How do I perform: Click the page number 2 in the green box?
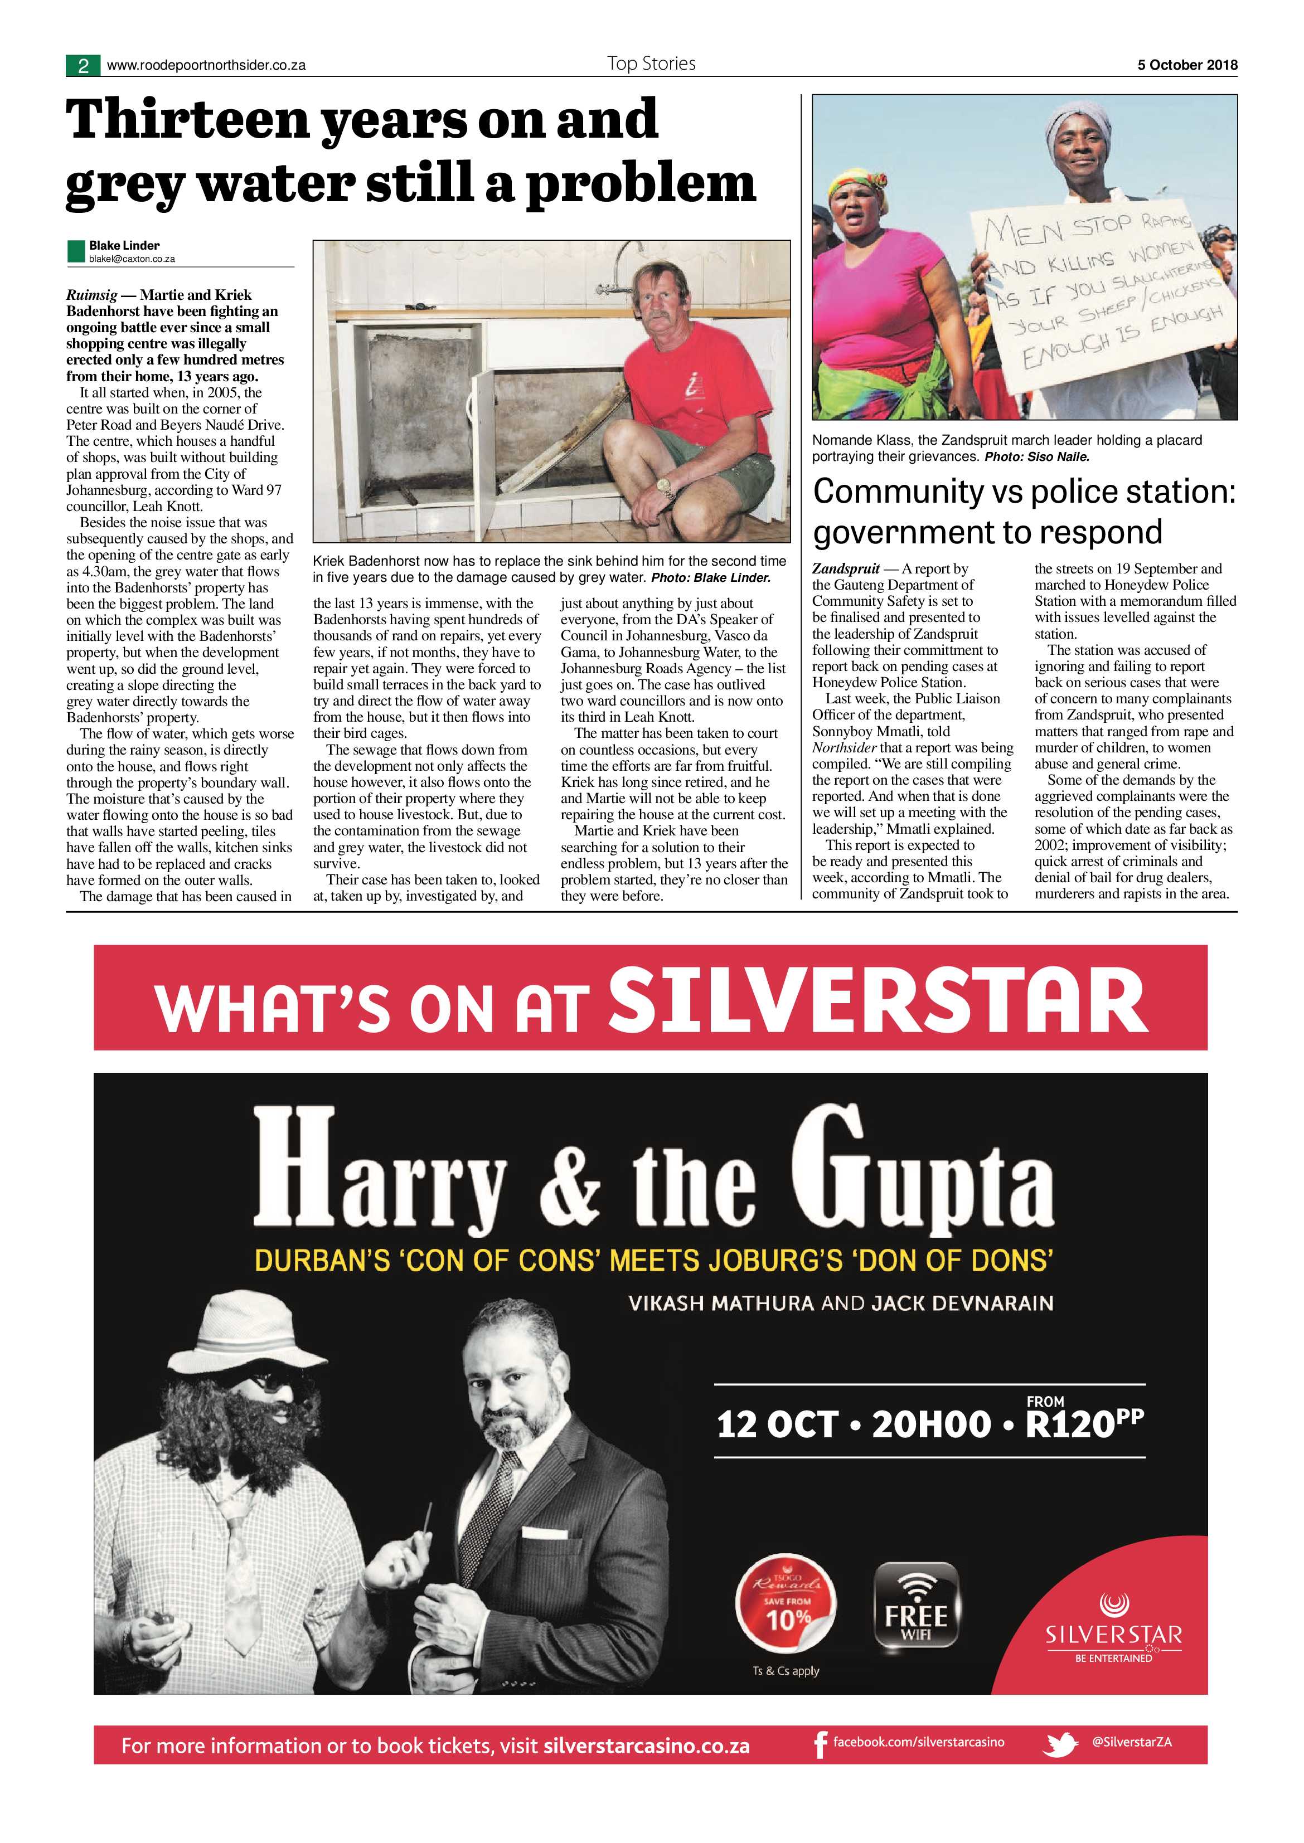(83, 66)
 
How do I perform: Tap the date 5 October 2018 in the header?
(1187, 65)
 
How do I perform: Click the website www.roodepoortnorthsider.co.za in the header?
(206, 66)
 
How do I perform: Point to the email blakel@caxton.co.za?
(132, 259)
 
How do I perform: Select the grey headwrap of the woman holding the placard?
(1078, 128)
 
